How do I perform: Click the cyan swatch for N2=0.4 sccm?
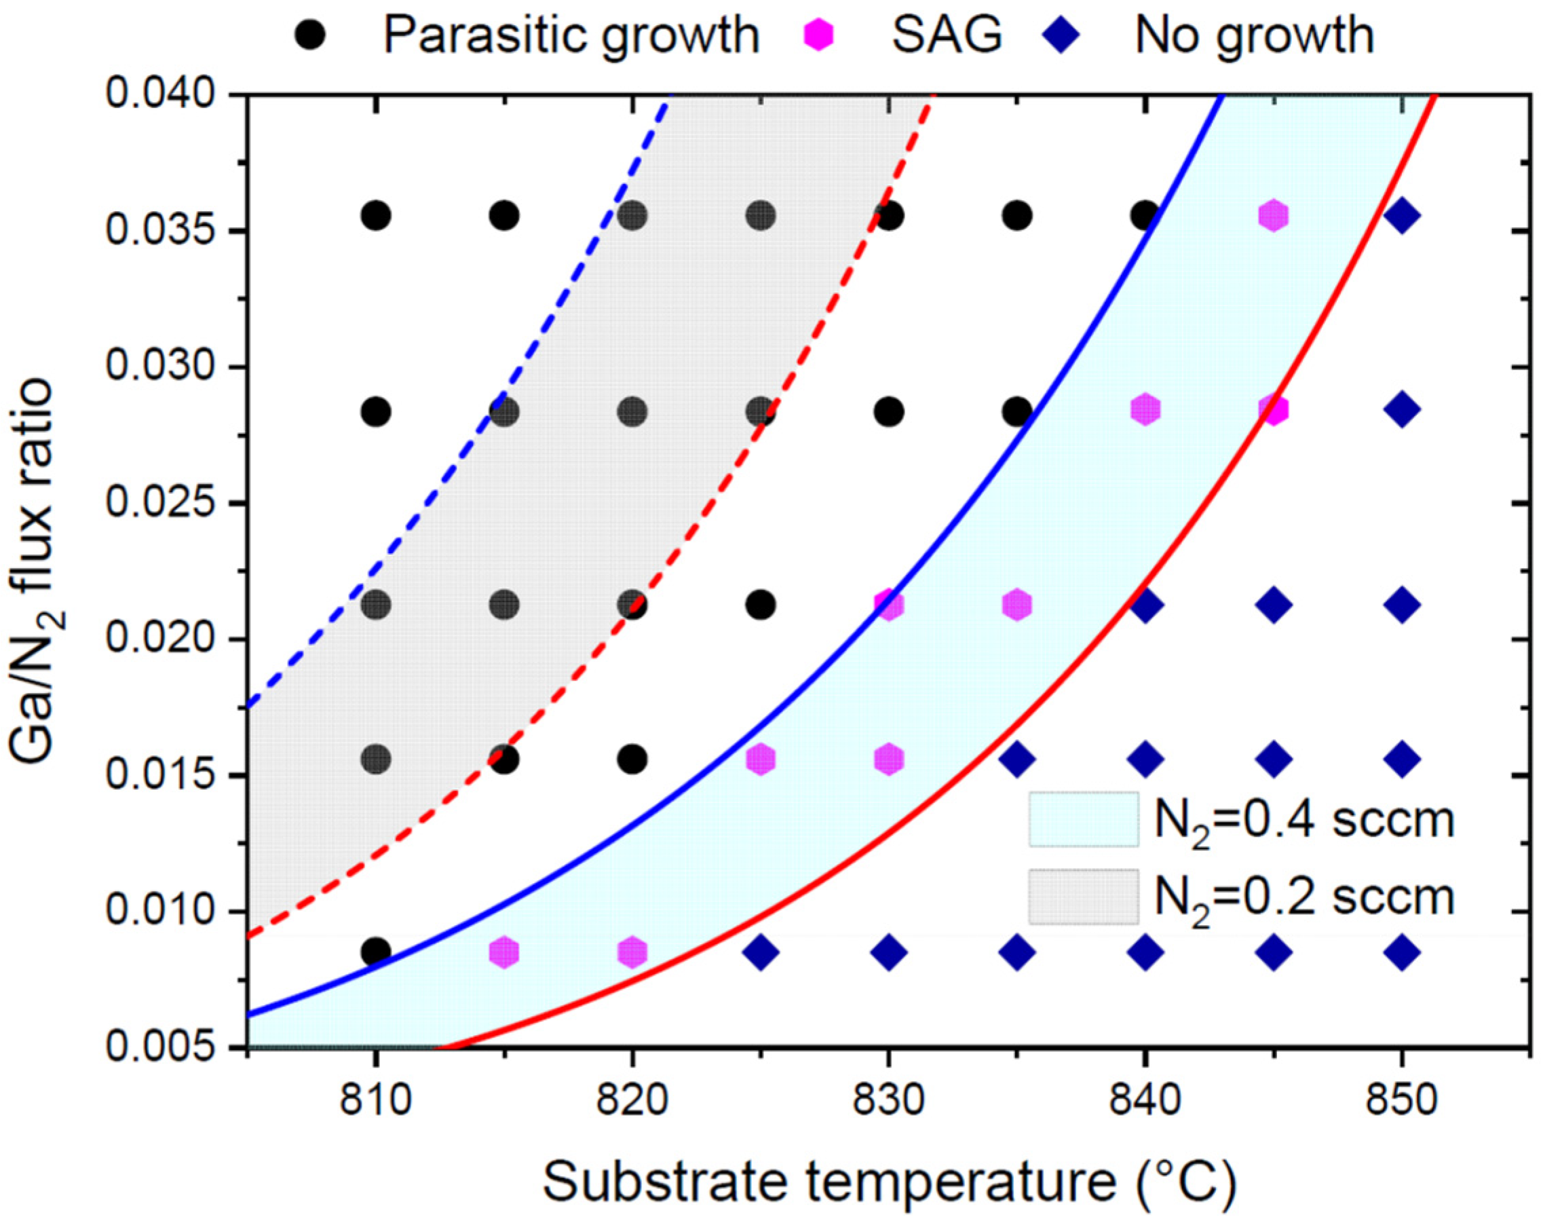click(x=1084, y=819)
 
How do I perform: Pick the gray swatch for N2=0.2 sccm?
click(x=1084, y=897)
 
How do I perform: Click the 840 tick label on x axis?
click(x=1144, y=1101)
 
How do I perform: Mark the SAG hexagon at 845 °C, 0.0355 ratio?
click(x=1273, y=215)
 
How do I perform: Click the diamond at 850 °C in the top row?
click(x=1402, y=215)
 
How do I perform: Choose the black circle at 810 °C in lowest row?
click(x=376, y=952)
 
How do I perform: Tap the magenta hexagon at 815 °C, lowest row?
click(x=504, y=952)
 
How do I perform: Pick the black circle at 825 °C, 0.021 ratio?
click(x=761, y=605)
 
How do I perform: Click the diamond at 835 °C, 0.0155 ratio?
click(x=1017, y=759)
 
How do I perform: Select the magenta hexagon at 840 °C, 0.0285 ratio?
click(x=1145, y=410)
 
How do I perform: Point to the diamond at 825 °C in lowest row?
click(x=761, y=952)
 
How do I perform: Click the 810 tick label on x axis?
click(x=375, y=1101)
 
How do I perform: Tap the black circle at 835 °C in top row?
click(x=1017, y=215)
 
